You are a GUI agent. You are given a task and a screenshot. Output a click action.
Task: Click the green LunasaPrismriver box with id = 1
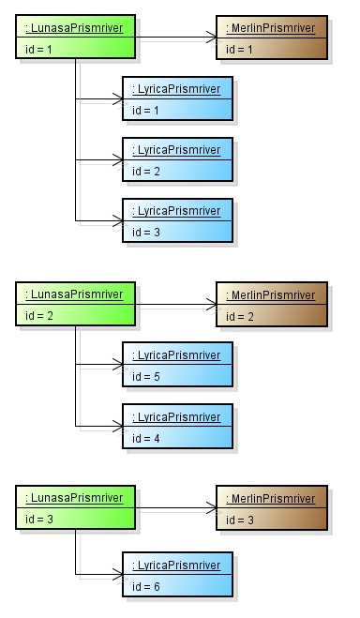[x=74, y=37]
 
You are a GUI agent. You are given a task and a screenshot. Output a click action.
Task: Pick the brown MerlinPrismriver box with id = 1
[x=272, y=37]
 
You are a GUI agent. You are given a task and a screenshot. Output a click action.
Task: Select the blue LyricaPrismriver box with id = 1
[x=176, y=98]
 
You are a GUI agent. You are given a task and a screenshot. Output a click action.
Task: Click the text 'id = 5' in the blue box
[x=146, y=375]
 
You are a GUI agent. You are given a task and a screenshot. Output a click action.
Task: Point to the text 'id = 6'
[x=146, y=586]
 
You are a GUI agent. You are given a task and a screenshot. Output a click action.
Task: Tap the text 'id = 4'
[x=146, y=436]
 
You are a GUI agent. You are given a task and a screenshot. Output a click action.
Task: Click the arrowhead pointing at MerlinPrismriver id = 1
[x=211, y=39]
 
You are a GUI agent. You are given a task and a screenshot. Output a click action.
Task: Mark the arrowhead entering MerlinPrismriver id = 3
[x=211, y=511]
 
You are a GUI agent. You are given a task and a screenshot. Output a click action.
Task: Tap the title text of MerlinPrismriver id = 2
[x=271, y=294]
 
